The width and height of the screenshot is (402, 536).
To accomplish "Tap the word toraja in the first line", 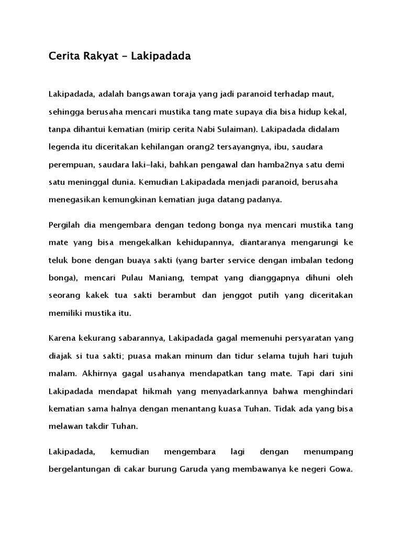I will point(184,94).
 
